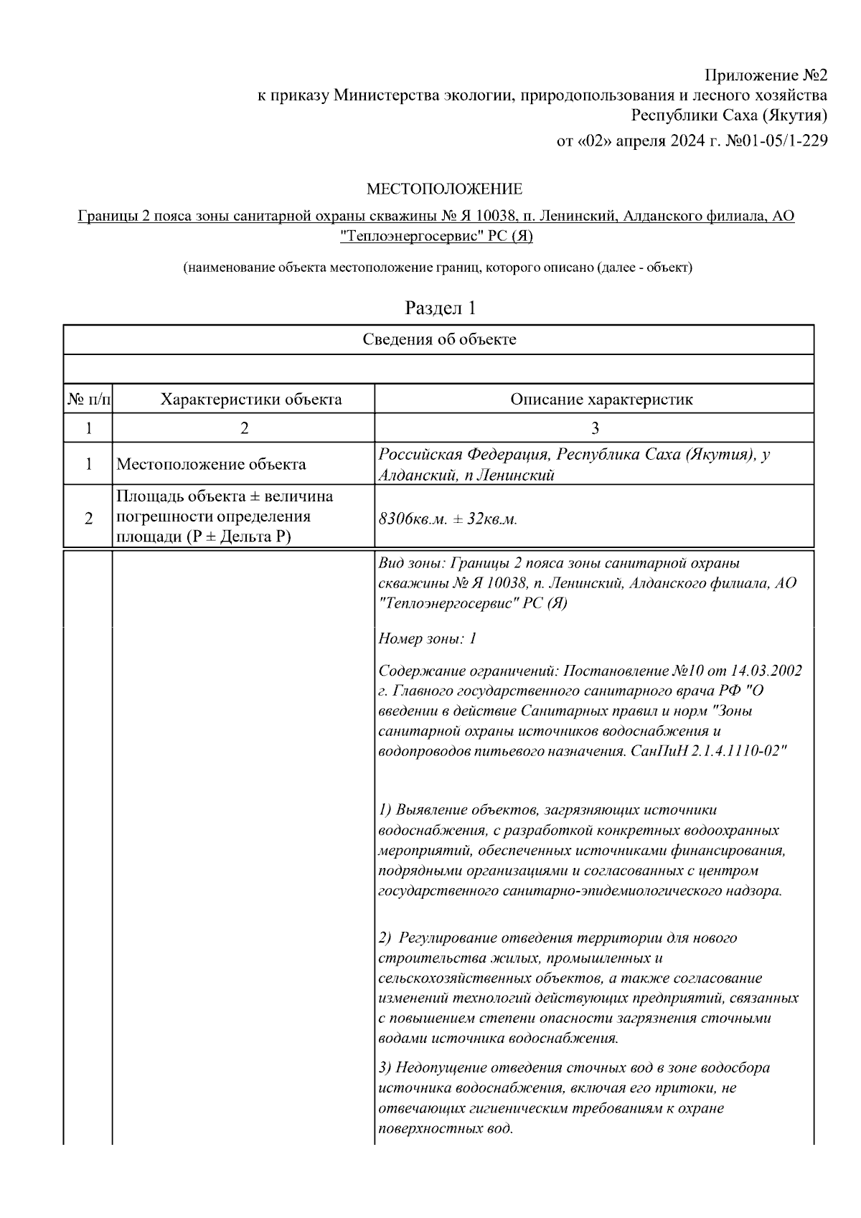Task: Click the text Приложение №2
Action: tap(766, 75)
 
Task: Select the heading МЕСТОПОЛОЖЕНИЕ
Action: tap(444, 189)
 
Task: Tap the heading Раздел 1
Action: tap(440, 308)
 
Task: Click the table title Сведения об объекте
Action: tap(438, 339)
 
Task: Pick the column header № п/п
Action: tap(88, 399)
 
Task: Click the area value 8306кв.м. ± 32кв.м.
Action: tap(448, 519)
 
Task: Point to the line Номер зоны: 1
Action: tap(427, 638)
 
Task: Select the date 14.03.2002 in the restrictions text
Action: tap(766, 671)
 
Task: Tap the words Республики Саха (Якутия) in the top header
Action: tap(729, 115)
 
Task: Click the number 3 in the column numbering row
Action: tap(594, 428)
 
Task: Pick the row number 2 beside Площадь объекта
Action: tap(88, 518)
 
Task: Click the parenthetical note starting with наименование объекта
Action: tap(438, 268)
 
